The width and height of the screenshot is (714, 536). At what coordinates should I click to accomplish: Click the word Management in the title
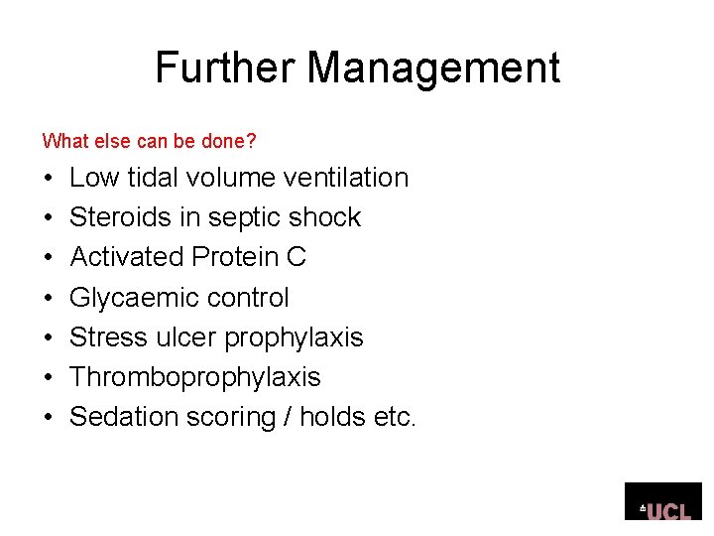(x=433, y=68)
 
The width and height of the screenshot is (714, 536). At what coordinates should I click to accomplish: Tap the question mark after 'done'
(x=252, y=142)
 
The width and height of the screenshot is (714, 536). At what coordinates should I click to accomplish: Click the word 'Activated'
(x=127, y=257)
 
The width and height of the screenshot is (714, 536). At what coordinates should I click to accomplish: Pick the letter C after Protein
(x=296, y=257)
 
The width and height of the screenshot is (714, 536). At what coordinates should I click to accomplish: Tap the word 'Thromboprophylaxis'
(x=195, y=377)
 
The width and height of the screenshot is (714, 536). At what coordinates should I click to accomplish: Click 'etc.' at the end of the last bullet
(x=396, y=417)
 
